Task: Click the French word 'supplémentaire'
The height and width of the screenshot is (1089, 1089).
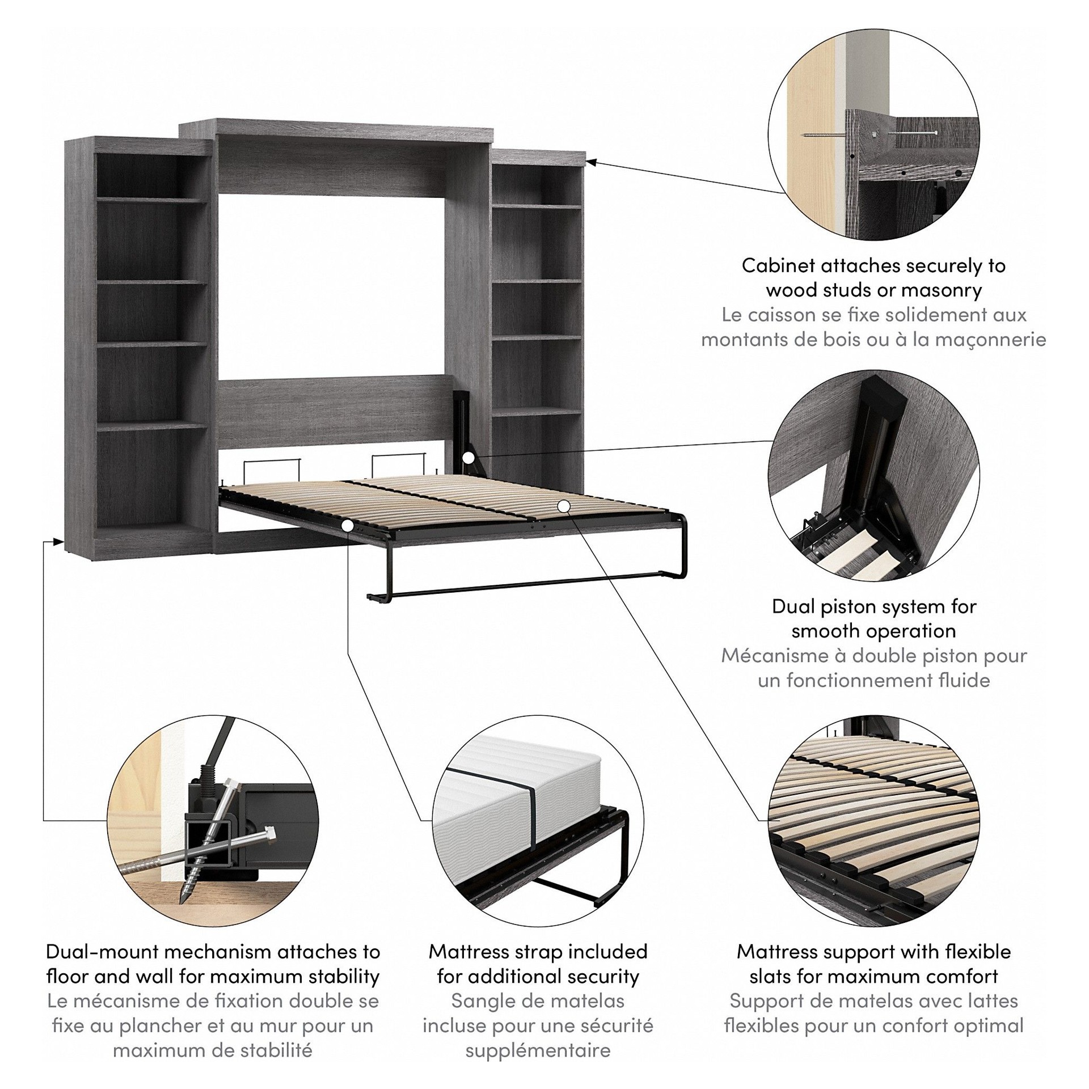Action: click(x=538, y=1050)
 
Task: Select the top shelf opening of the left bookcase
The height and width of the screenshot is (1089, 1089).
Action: click(x=151, y=174)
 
